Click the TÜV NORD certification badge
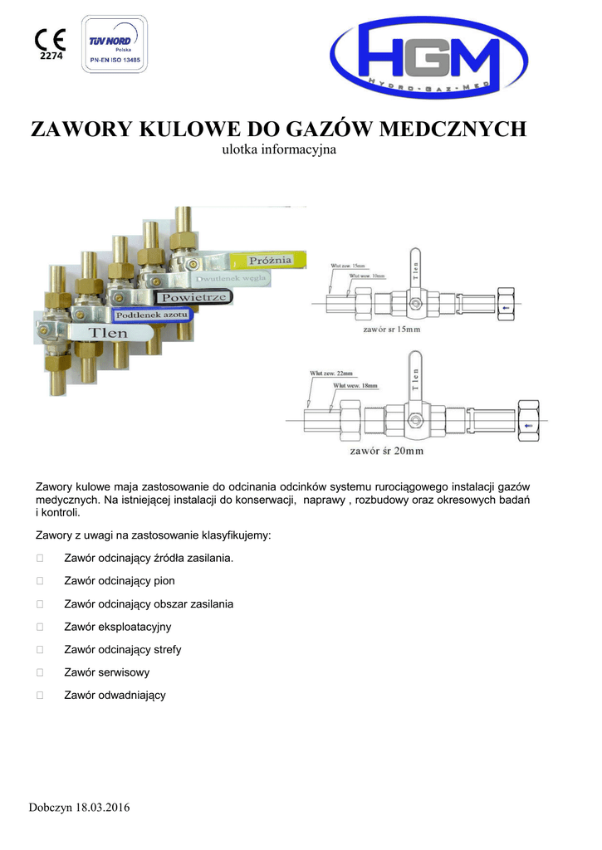[115, 44]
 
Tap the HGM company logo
[428, 58]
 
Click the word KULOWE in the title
[175, 130]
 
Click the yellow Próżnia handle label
[271, 261]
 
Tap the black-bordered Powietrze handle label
[194, 296]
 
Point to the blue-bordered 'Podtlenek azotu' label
[153, 315]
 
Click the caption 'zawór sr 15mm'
[394, 330]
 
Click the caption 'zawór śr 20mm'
[386, 452]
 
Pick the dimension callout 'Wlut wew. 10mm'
[367, 276]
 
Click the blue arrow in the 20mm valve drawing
[529, 425]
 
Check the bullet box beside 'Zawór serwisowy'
[39, 672]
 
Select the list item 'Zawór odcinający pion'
[119, 581]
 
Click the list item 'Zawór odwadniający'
[115, 695]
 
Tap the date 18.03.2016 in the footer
[103, 808]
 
